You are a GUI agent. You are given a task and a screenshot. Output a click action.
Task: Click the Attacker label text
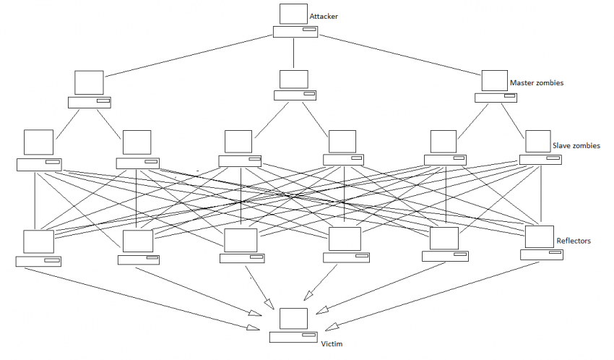click(x=324, y=16)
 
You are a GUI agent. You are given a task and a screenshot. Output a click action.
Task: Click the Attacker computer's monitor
click(x=294, y=14)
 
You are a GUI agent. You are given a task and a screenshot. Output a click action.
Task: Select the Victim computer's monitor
click(x=294, y=319)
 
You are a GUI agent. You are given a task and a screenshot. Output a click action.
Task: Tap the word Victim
click(x=332, y=344)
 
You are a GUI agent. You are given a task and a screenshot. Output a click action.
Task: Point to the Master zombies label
click(x=536, y=83)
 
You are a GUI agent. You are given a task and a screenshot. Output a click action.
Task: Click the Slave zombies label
click(x=576, y=145)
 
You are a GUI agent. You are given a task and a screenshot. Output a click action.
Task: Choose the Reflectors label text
click(x=574, y=240)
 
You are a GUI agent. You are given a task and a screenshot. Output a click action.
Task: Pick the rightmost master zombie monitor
click(x=494, y=80)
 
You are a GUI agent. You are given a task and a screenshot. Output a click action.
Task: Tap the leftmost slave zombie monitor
click(x=38, y=142)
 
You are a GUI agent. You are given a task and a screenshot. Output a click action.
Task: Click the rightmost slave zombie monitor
click(x=538, y=140)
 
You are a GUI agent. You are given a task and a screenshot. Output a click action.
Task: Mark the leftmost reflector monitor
click(x=38, y=241)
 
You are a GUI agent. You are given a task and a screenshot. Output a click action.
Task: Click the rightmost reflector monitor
click(x=539, y=236)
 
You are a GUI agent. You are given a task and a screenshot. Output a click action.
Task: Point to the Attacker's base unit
click(x=295, y=32)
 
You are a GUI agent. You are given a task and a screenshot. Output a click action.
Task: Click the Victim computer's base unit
click(x=294, y=337)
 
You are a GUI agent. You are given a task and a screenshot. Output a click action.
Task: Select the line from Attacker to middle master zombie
click(x=295, y=53)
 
